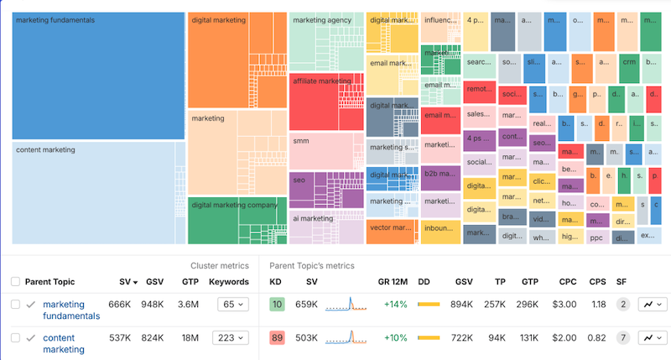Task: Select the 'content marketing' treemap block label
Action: pyautogui.click(x=46, y=150)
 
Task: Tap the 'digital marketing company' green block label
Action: pyautogui.click(x=233, y=204)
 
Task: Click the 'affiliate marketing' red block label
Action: pyautogui.click(x=322, y=81)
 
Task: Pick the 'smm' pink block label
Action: pyautogui.click(x=301, y=142)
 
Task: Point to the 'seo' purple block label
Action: pyautogui.click(x=299, y=180)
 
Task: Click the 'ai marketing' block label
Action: pyautogui.click(x=313, y=218)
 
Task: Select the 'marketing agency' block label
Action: pyautogui.click(x=322, y=20)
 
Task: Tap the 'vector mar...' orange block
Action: pyautogui.click(x=391, y=227)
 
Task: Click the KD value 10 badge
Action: pyautogui.click(x=277, y=304)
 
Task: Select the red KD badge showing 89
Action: pyautogui.click(x=277, y=338)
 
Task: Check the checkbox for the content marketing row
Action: pyautogui.click(x=15, y=338)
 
